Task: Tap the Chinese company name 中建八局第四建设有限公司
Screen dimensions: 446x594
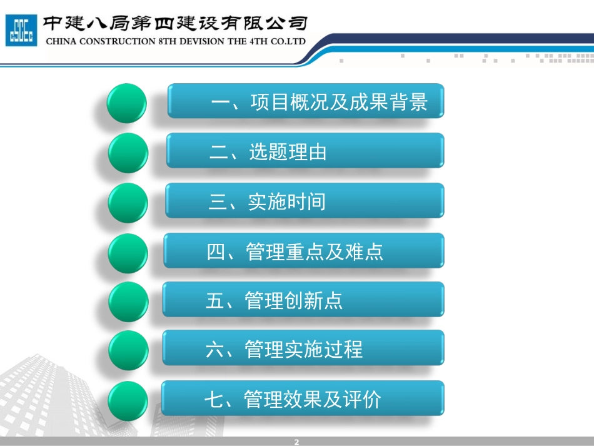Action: tap(174, 23)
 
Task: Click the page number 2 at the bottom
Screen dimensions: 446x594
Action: tap(297, 442)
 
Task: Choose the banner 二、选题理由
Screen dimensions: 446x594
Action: tap(305, 151)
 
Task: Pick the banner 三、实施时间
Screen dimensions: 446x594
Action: tap(305, 201)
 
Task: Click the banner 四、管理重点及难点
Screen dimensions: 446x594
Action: tap(304, 251)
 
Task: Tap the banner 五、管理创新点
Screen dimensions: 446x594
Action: tap(303, 300)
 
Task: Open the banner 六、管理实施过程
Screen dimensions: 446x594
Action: tap(303, 348)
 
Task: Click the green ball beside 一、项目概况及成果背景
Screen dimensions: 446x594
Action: tap(126, 103)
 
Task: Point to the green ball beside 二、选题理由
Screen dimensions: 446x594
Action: tap(128, 153)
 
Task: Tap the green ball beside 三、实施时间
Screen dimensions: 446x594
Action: tap(128, 203)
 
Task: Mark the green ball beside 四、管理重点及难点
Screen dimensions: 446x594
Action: tap(128, 253)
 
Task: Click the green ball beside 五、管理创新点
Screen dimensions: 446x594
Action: tap(128, 302)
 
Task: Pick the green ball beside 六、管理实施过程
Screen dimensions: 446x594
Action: tap(128, 351)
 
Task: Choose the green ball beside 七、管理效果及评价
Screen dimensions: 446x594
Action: tap(128, 400)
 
